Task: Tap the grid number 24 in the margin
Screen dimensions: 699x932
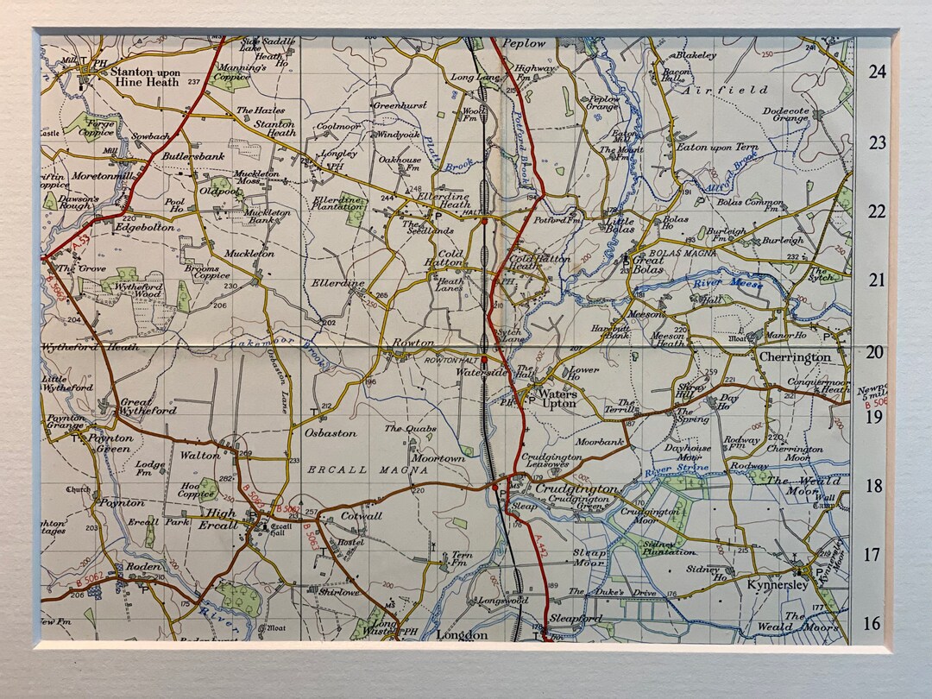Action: pos(877,72)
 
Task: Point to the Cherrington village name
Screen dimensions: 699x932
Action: pos(795,356)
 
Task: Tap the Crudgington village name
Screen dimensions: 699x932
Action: pos(576,489)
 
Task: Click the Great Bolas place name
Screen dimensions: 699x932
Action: pos(660,263)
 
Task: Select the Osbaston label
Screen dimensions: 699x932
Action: pos(327,433)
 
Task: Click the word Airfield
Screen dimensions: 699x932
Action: pos(726,89)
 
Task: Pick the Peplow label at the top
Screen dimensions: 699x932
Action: pos(524,43)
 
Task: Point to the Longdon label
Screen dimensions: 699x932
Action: pos(462,635)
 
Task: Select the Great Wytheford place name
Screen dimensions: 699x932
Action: pos(148,406)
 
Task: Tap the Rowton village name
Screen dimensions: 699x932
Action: pos(413,343)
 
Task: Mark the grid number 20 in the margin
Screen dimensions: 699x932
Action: pos(876,351)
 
